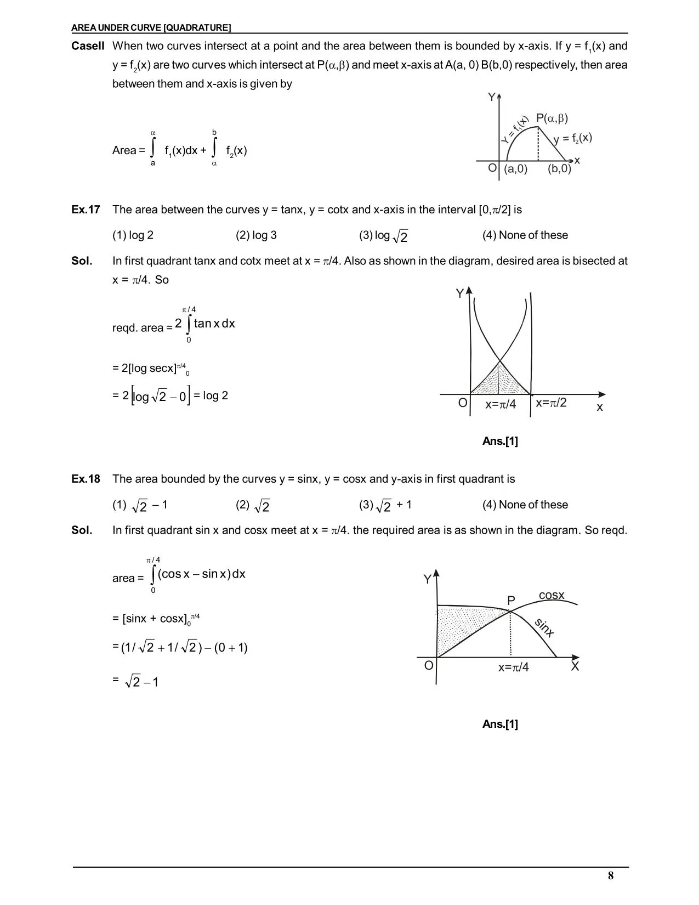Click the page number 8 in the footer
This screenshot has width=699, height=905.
[x=611, y=875]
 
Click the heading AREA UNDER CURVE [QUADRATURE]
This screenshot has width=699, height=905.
[x=151, y=27]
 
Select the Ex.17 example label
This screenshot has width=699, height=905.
[x=86, y=210]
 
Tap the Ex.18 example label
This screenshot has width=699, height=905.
[x=86, y=479]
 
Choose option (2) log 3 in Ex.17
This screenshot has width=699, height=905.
[x=256, y=235]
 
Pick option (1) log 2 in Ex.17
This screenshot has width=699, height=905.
[x=133, y=235]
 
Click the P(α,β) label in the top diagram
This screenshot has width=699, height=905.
[x=552, y=118]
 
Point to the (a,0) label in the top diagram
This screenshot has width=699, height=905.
[x=515, y=169]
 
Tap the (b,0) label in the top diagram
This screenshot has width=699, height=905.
[x=559, y=169]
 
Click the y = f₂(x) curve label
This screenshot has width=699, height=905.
[x=573, y=138]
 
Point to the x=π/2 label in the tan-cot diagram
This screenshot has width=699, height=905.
[x=551, y=403]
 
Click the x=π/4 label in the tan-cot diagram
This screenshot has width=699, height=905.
[x=501, y=405]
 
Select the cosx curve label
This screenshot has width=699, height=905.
[x=552, y=595]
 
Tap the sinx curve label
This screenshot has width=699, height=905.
[x=544, y=627]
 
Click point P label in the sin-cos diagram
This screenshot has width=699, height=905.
[x=511, y=601]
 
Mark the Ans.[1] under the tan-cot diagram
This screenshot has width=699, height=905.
[x=500, y=441]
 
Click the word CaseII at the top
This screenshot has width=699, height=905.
[x=88, y=46]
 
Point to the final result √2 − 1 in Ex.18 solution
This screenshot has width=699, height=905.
[x=142, y=682]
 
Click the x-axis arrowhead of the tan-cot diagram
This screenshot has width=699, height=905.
[x=602, y=394]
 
